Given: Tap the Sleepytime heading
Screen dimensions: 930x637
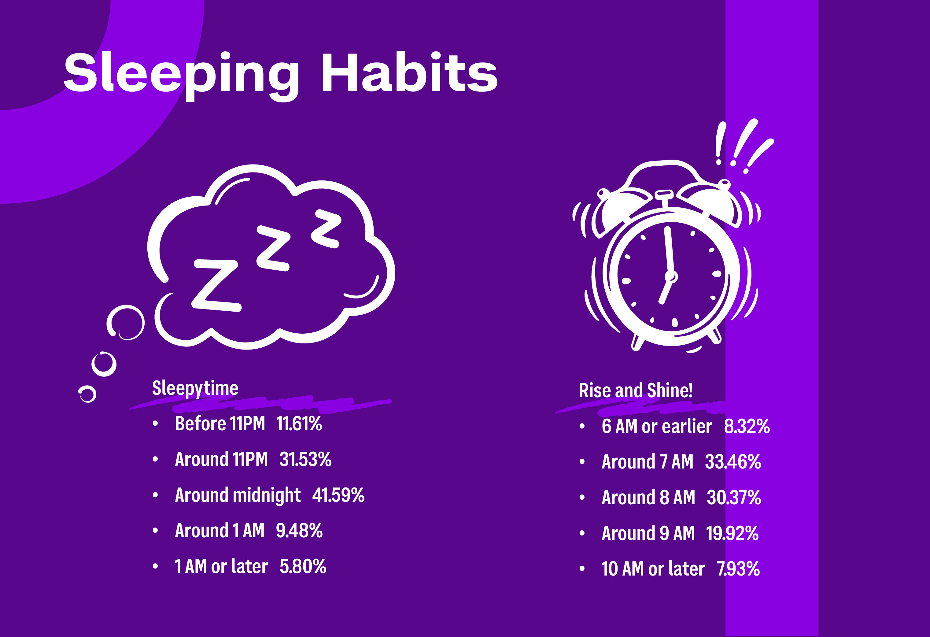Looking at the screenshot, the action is click(x=195, y=388).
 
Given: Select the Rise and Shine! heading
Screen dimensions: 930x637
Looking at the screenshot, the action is click(x=636, y=391).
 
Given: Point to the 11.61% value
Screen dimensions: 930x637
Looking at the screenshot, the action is click(x=299, y=424).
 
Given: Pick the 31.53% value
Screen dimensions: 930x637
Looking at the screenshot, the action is click(x=305, y=459).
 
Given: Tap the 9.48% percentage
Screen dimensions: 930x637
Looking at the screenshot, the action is click(x=299, y=531).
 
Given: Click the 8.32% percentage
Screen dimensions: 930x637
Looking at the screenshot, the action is click(x=747, y=426).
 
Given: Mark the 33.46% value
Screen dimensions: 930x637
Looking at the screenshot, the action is click(x=733, y=462).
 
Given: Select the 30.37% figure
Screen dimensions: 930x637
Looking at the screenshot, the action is click(x=734, y=497).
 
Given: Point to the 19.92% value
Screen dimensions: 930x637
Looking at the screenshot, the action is click(x=732, y=533).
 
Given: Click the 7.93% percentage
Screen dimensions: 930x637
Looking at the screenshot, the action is click(x=738, y=568).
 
